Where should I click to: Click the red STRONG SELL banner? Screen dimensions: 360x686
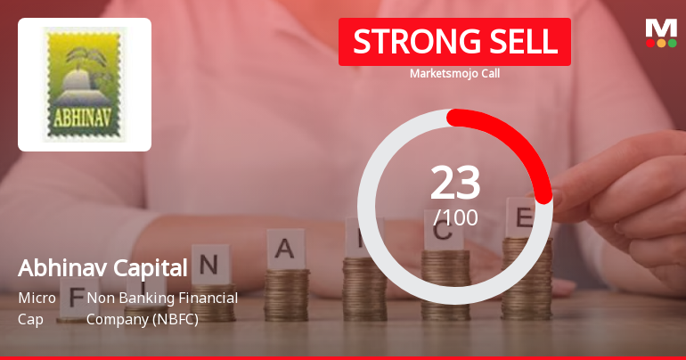(x=454, y=42)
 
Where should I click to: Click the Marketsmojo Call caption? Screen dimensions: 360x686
(x=454, y=73)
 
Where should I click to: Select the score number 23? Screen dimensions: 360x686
(x=455, y=184)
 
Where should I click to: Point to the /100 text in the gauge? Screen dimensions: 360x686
(x=455, y=217)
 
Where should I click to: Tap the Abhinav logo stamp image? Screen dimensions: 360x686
(x=85, y=84)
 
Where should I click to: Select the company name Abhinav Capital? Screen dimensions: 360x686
(x=103, y=267)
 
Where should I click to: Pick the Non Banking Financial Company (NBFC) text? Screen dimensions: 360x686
(x=161, y=307)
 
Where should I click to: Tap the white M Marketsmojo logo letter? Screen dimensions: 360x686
(x=661, y=28)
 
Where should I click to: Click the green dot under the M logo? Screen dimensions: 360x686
(x=672, y=43)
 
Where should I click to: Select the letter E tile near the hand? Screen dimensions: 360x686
(x=523, y=217)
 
